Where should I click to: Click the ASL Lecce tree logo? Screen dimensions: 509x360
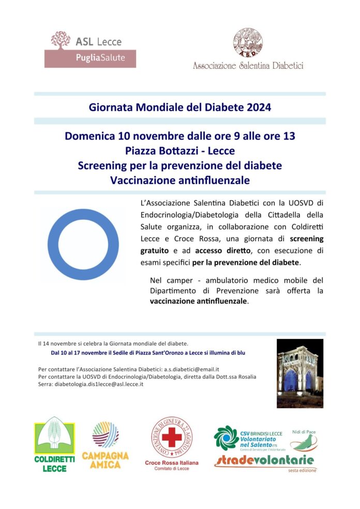coord(61,40)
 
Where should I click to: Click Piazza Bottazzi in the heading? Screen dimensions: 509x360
coord(164,151)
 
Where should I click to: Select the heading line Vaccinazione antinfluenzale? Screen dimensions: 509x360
coord(179,180)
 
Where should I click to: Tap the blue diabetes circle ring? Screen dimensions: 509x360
coord(82,244)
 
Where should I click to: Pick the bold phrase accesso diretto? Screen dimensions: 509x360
coord(223,251)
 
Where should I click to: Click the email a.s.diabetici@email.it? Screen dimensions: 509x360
coord(192,369)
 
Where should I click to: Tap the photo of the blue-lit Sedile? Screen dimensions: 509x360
coord(300,373)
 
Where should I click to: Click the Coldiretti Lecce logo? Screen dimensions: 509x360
coord(54,445)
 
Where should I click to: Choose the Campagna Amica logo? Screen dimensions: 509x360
coord(106,445)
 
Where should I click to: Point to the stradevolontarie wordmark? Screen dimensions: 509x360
coord(264,460)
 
